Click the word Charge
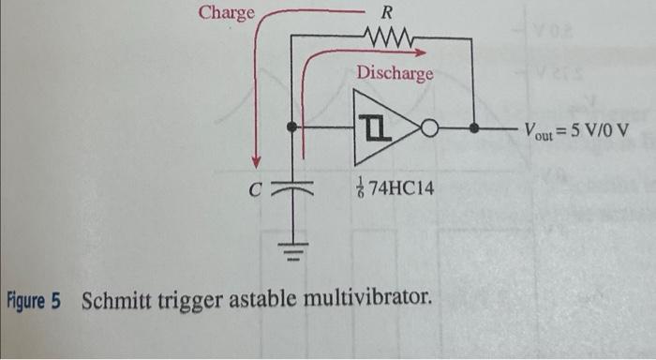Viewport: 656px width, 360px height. click(x=227, y=12)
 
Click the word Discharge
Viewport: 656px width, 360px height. click(x=395, y=72)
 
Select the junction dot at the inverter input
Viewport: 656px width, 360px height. click(x=292, y=126)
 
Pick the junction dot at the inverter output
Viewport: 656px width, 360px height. click(x=475, y=126)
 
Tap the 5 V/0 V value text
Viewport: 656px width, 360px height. click(x=601, y=127)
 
